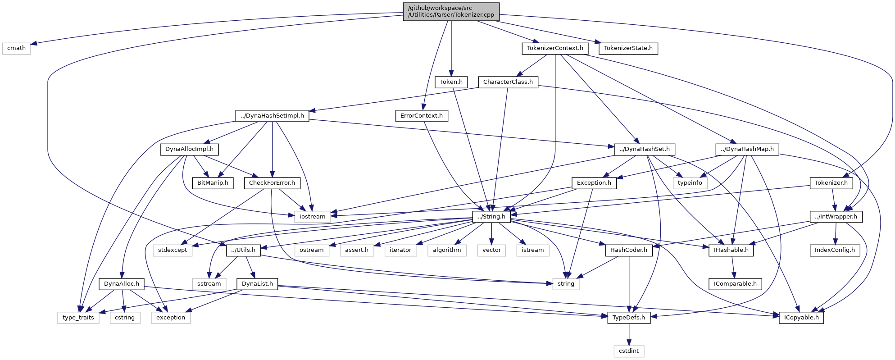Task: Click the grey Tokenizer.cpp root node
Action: point(451,11)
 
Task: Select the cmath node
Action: point(16,48)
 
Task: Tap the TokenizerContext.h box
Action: point(555,48)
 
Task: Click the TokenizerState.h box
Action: point(628,48)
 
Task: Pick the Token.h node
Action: point(451,82)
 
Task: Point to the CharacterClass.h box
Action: point(508,82)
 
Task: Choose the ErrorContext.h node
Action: point(421,116)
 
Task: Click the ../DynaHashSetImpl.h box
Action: point(272,116)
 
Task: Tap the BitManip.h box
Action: point(213,183)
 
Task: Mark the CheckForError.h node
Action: point(272,183)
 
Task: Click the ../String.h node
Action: point(491,217)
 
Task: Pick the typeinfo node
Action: point(690,183)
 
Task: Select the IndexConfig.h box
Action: point(834,250)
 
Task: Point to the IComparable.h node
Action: point(735,284)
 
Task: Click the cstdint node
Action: point(628,351)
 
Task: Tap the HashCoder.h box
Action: point(628,250)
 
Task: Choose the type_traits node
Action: point(78,318)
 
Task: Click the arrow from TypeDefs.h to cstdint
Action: point(629,334)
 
